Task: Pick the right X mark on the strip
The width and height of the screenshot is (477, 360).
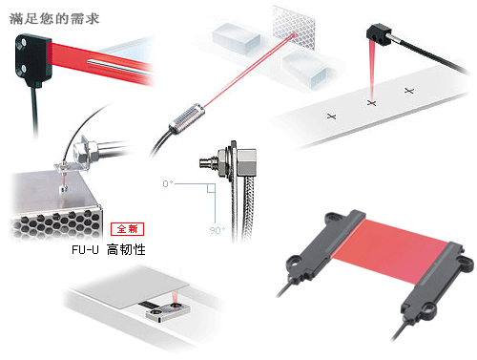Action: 409,91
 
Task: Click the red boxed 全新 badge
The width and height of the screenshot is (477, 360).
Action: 126,229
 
